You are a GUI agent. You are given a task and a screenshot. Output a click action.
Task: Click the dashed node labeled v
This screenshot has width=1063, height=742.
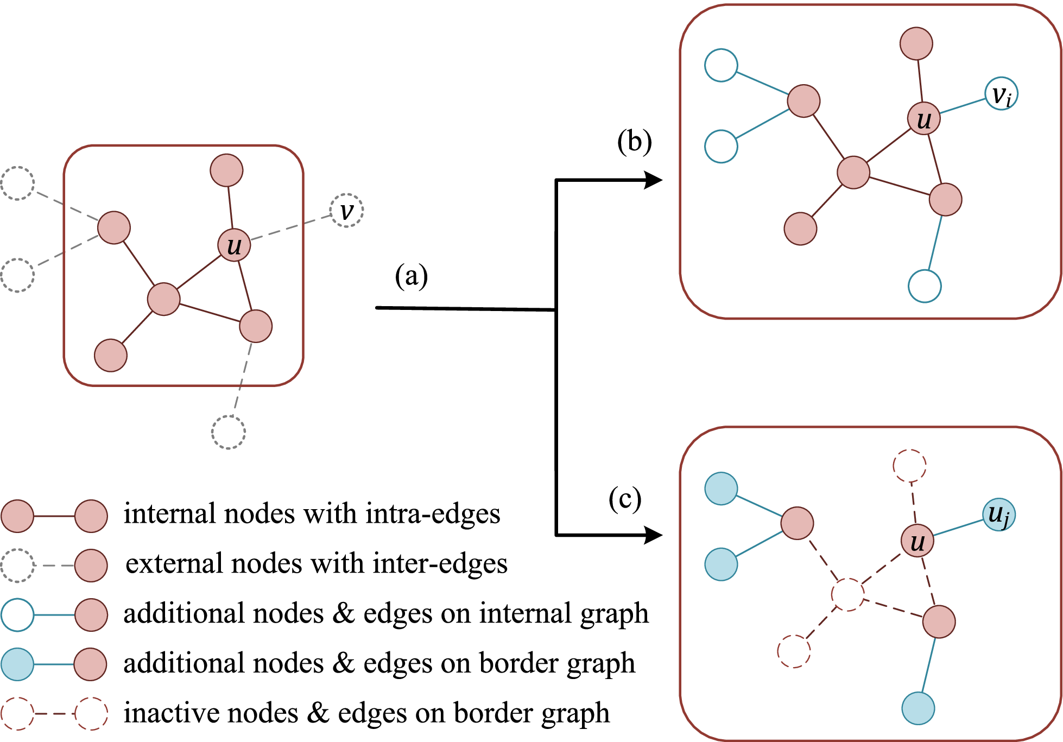tap(346, 211)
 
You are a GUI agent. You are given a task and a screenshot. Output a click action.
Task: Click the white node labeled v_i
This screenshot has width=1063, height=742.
tap(1001, 94)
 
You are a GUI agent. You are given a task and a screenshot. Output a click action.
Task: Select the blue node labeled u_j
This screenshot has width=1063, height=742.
tap(998, 515)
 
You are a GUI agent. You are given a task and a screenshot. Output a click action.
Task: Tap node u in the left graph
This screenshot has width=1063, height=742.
tap(234, 245)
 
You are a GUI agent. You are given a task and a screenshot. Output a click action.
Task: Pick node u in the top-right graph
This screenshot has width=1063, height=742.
tap(923, 119)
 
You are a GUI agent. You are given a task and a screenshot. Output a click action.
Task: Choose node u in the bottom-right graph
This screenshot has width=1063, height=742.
tap(917, 541)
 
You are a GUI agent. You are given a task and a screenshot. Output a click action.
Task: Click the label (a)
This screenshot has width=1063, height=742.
tap(411, 276)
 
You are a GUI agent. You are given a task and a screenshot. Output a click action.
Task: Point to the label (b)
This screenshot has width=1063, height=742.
tap(634, 142)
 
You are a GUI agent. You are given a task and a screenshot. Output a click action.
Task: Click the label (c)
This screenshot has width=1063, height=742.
tap(625, 498)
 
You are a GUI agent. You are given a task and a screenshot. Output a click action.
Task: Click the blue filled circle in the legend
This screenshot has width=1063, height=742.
tap(17, 664)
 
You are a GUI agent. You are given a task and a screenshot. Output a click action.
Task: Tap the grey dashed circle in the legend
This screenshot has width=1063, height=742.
tap(17, 566)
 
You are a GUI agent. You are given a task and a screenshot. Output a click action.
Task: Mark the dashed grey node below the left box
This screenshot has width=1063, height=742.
tap(228, 433)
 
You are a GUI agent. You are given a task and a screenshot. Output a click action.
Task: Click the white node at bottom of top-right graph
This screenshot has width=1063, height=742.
tap(925, 286)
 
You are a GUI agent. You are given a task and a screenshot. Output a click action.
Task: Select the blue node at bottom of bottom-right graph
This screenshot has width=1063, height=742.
tap(918, 708)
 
